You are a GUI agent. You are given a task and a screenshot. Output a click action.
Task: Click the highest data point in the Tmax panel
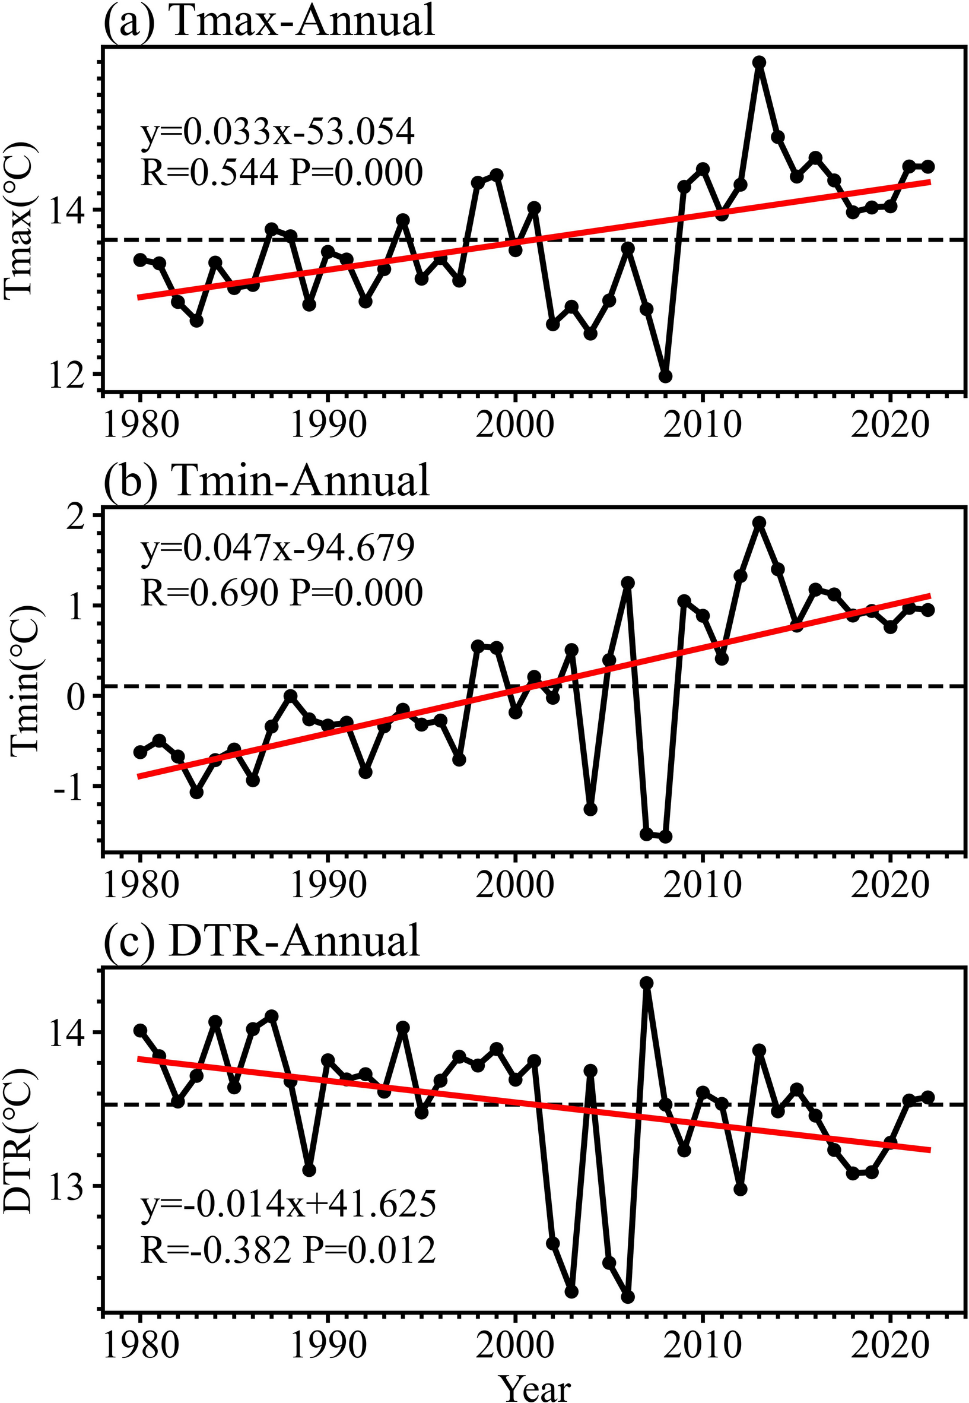[760, 62]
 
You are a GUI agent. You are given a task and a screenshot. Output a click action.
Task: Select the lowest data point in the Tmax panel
[665, 376]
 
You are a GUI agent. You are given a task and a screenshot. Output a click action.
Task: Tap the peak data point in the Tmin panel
[760, 523]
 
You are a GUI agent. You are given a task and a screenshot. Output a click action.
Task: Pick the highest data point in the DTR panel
[647, 983]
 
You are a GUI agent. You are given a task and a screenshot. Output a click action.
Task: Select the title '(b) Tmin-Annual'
[267, 480]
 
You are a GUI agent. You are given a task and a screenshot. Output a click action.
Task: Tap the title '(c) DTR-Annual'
[262, 942]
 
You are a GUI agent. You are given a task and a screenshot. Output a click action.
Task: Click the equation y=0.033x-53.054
[278, 132]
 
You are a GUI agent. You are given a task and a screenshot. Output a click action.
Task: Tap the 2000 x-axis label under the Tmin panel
[515, 886]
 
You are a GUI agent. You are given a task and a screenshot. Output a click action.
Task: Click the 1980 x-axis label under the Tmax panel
[141, 426]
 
